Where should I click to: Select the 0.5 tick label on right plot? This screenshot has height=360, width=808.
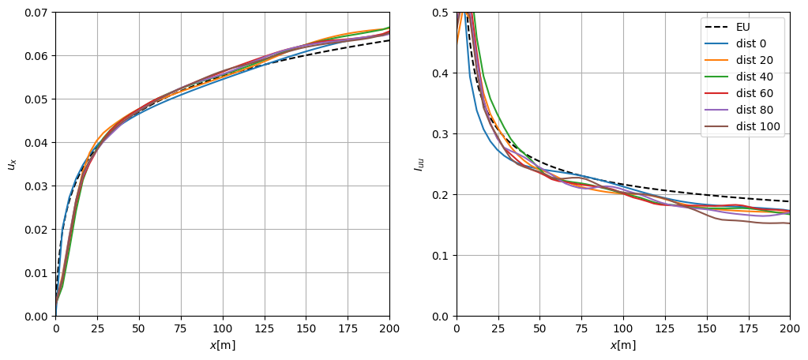(x=442, y=13)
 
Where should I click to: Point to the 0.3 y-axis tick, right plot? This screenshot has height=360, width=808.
(x=442, y=134)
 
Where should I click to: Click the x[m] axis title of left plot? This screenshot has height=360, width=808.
(x=222, y=345)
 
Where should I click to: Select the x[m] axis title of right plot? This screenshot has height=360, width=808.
(x=622, y=345)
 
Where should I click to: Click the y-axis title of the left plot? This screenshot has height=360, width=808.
(x=11, y=164)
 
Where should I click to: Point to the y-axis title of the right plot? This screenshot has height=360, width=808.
(x=418, y=164)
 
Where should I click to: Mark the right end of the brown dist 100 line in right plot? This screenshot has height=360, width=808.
(x=789, y=223)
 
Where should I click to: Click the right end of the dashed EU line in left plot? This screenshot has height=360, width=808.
(x=389, y=40)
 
